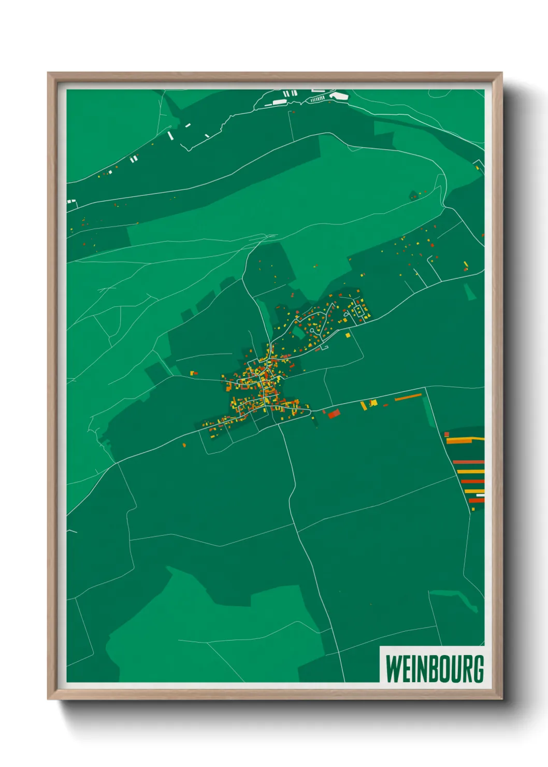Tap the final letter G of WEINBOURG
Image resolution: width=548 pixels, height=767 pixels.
pyautogui.click(x=478, y=669)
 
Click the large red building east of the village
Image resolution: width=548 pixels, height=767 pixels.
pyautogui.click(x=334, y=413)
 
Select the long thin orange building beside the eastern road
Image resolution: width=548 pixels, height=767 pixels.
pyautogui.click(x=408, y=397)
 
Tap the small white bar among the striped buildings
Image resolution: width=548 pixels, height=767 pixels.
pyautogui.click(x=480, y=495)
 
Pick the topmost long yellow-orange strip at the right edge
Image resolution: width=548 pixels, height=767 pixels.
pyautogui.click(x=465, y=441)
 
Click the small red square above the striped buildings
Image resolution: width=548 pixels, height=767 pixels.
pyautogui.click(x=446, y=434)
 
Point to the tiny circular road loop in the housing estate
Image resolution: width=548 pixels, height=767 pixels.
pyautogui.click(x=324, y=347)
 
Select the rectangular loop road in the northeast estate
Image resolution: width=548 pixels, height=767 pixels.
pyautogui.click(x=358, y=311)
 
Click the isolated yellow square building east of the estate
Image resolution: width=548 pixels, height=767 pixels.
pyautogui.click(x=348, y=335)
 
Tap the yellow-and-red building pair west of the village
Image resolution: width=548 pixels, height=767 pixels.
pyautogui.click(x=194, y=373)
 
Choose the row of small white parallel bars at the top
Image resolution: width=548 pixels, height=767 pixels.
pyautogui.click(x=318, y=98)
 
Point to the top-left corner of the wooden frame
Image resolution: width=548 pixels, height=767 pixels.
pyautogui.click(x=49, y=74)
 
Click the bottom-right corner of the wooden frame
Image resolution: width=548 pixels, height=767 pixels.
pyautogui.click(x=501, y=698)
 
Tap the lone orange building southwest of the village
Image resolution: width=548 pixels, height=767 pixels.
pyautogui.click(x=184, y=445)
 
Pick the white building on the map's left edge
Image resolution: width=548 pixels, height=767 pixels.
pyautogui.click(x=71, y=201)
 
